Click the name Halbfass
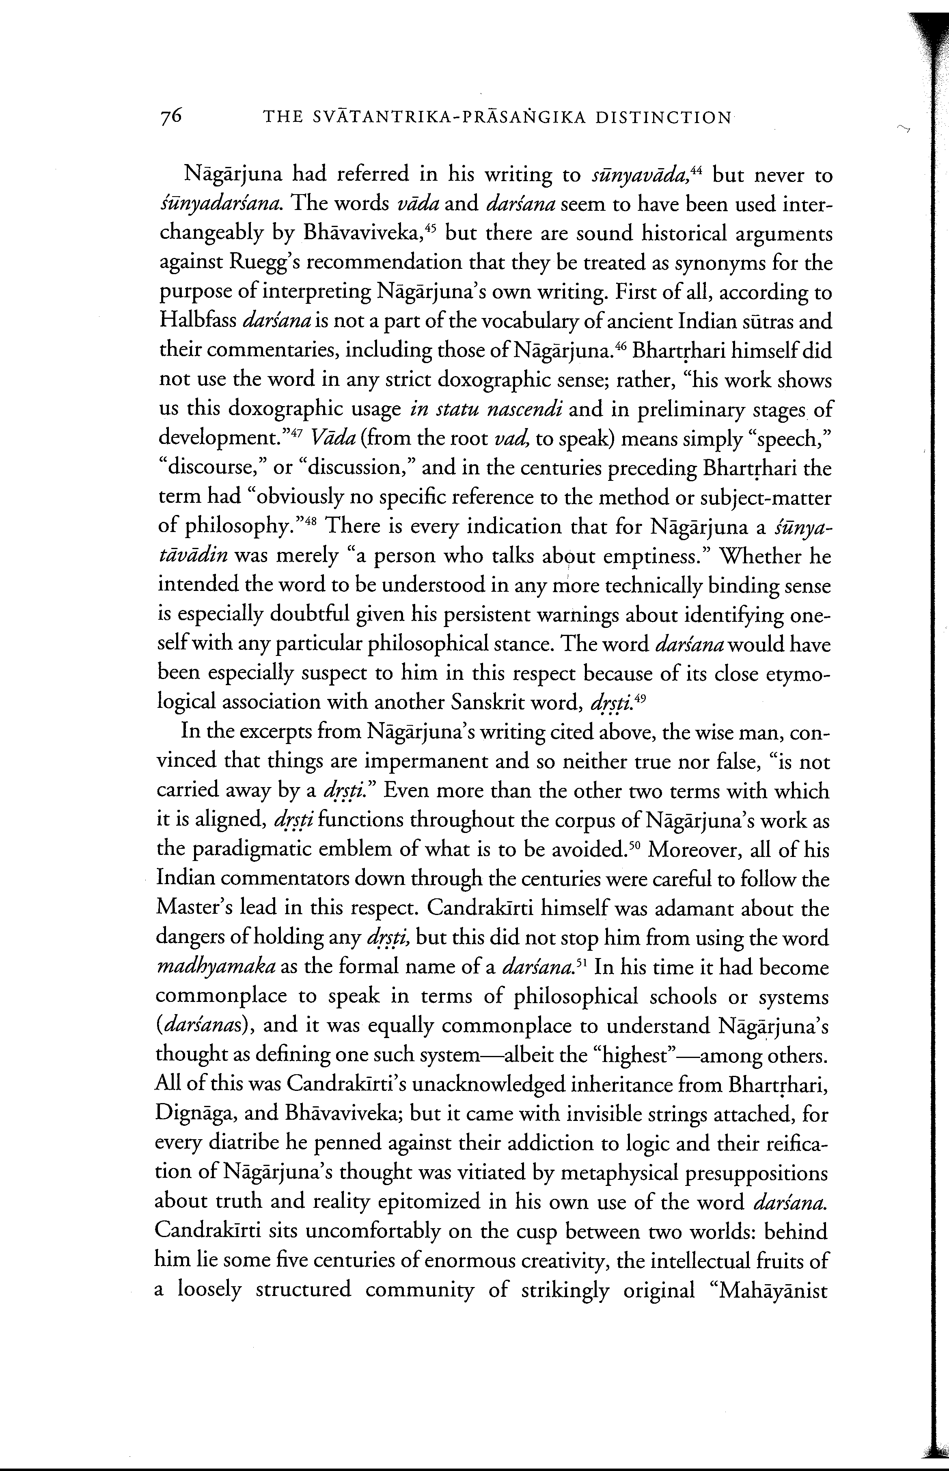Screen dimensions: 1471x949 [198, 321]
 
